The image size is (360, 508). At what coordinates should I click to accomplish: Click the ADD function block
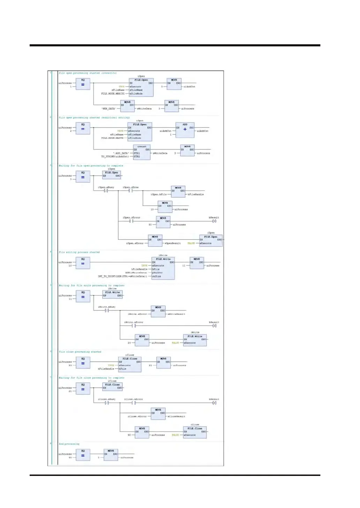tap(185, 129)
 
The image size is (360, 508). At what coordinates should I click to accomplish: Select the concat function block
tap(142, 152)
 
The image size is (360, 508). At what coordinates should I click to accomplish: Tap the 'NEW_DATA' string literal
tap(109, 109)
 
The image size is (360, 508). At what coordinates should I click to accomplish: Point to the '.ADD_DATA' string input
tap(121, 153)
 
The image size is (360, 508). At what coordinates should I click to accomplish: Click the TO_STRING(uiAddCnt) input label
tap(115, 157)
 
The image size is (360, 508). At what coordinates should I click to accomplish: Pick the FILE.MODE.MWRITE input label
tap(113, 93)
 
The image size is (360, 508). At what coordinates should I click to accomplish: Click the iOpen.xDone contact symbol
tap(130, 191)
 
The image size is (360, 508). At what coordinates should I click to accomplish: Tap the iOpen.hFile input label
tap(158, 195)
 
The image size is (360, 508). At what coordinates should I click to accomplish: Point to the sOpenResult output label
tap(172, 243)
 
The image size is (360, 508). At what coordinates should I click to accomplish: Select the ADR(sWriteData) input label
tap(138, 273)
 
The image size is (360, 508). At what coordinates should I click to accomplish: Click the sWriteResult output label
tap(177, 314)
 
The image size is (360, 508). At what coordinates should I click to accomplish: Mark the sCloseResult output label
tap(177, 416)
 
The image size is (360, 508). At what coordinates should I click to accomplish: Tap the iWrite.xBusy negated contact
tap(107, 310)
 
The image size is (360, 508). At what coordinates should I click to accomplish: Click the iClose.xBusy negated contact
tap(107, 403)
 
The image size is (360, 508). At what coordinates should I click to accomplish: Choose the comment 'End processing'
tap(69, 444)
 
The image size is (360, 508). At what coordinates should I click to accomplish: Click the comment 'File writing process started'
tap(79, 252)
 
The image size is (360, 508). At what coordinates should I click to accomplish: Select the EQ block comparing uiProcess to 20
tap(83, 363)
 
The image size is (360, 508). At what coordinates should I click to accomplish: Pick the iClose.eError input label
tap(137, 416)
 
